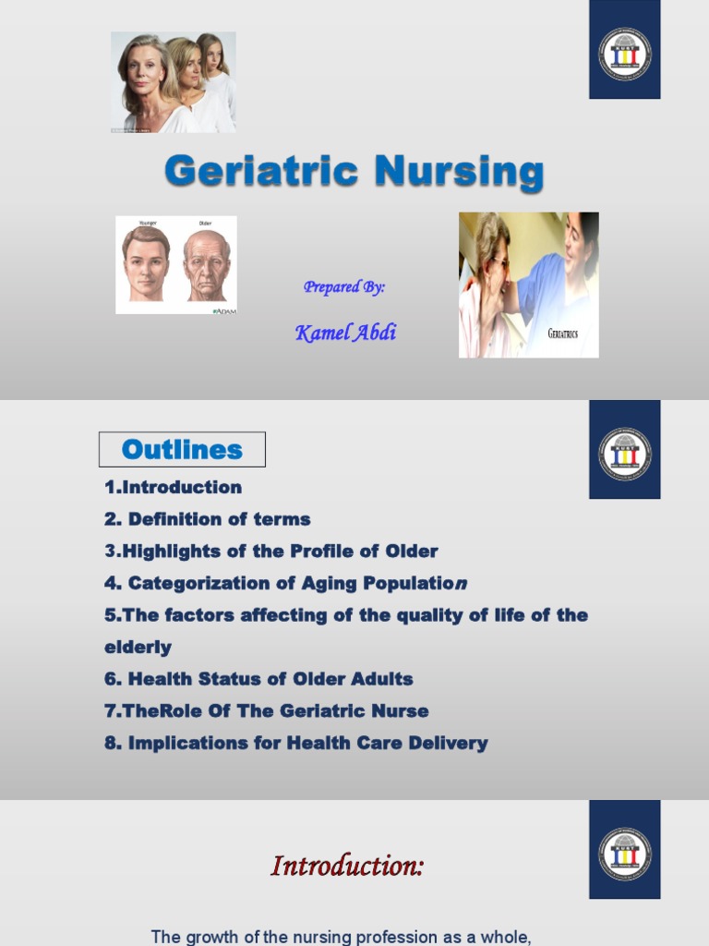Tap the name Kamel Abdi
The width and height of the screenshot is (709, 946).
[x=345, y=333]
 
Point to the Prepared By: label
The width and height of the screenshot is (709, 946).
[x=344, y=287]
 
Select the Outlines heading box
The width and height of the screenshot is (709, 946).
[x=182, y=450]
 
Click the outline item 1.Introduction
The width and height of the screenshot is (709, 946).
[x=174, y=487]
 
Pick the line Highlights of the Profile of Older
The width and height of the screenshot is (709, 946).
[x=271, y=552]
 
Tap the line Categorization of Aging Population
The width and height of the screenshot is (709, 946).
[x=287, y=583]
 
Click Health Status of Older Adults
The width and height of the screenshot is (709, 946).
[x=259, y=679]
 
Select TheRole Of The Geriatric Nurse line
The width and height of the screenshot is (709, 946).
[x=267, y=710]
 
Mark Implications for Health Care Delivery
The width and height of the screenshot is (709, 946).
[x=296, y=743]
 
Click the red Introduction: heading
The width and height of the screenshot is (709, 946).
[x=347, y=866]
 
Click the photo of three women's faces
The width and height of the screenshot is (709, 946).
[x=174, y=82]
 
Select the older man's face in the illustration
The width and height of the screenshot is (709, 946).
[x=206, y=265]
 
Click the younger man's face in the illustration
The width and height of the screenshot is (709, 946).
[x=146, y=263]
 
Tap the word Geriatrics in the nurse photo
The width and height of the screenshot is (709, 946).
[x=562, y=334]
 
